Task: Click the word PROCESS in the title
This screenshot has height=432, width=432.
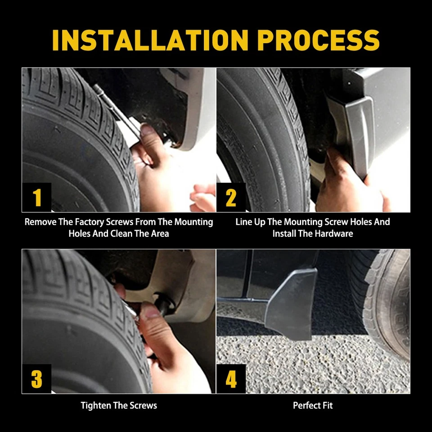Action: point(319,40)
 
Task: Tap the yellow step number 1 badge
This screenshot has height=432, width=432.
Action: point(37,197)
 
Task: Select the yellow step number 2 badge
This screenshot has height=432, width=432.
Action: point(231,197)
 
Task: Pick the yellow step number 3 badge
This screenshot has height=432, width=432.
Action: point(37,379)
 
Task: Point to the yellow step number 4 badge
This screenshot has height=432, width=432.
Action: point(231,379)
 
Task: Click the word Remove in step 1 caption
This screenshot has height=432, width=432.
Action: point(40,222)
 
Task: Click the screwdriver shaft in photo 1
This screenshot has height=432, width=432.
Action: point(116,109)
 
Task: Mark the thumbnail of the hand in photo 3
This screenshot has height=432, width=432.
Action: point(149,311)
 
